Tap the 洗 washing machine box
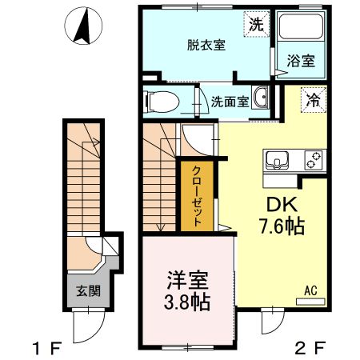tap(255, 25)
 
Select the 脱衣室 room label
tap(206, 46)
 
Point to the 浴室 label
tap(300, 61)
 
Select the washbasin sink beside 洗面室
tap(261, 99)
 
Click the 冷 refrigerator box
tap(312, 102)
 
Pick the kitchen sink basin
tap(279, 160)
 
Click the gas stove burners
tap(311, 160)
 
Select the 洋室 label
tap(189, 282)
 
